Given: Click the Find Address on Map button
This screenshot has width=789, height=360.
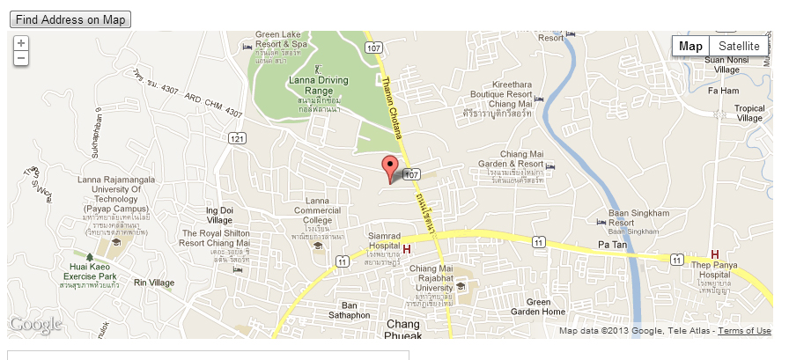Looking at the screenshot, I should coord(70,19).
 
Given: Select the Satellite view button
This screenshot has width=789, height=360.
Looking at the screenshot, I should coord(739,47).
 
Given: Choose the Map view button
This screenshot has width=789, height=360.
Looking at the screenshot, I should coord(691,47).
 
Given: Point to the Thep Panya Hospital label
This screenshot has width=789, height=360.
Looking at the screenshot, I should coord(712,264).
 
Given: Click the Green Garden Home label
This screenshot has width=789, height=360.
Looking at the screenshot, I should coord(540,306).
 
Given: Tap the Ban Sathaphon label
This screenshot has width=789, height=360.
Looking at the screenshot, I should coord(350,310).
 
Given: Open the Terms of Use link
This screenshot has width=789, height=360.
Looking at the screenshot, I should coord(744,331).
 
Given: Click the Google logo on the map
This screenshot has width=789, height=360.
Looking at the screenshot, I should coord(35,325).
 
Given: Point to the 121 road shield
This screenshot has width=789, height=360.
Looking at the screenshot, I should coord(236,138).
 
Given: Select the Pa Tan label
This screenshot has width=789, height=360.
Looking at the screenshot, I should coord(612,244).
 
